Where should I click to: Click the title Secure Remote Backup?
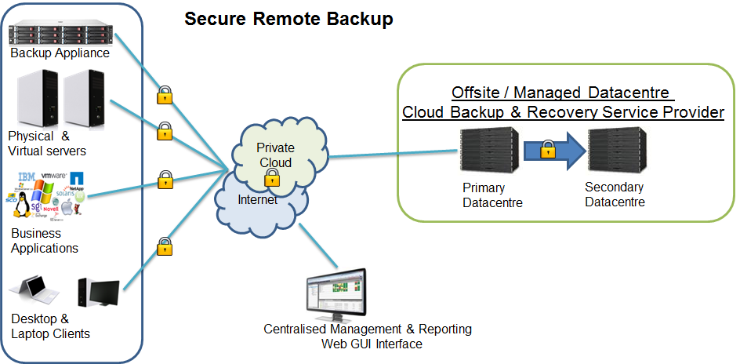pyautogui.click(x=288, y=19)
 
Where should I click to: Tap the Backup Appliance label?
pyautogui.click(x=60, y=53)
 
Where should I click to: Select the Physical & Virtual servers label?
pyautogui.click(x=46, y=143)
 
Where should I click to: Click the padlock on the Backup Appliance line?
pyautogui.click(x=164, y=96)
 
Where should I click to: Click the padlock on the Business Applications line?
pyautogui.click(x=165, y=180)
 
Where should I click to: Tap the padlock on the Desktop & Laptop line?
pyautogui.click(x=164, y=246)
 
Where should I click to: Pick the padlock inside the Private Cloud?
pyautogui.click(x=271, y=179)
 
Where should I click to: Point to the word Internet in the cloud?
pyautogui.click(x=257, y=200)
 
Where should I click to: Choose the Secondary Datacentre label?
pyautogui.click(x=615, y=195)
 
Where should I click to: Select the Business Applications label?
pyautogui.click(x=45, y=241)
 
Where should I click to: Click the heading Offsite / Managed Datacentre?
pyautogui.click(x=562, y=92)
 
